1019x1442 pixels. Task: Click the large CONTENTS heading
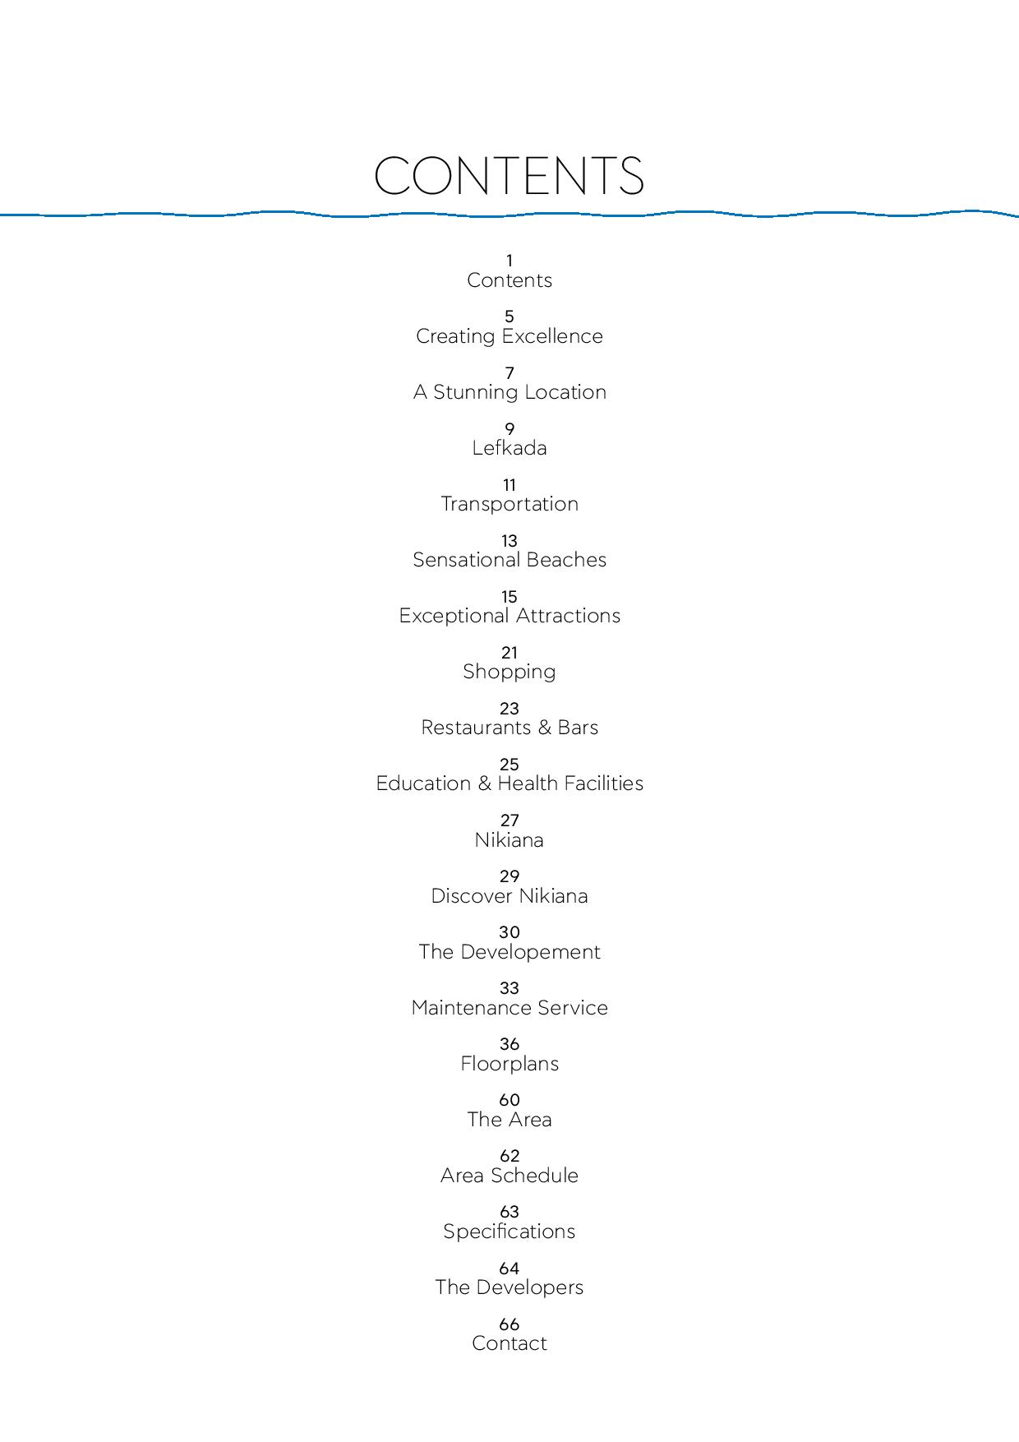point(509,176)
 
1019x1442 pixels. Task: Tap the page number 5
point(509,317)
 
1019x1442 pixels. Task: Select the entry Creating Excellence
point(509,336)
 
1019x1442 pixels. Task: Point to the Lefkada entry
point(509,448)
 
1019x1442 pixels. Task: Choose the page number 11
point(509,485)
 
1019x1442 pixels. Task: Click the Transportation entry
point(509,504)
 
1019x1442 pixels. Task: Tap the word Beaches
point(568,560)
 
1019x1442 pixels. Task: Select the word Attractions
point(568,616)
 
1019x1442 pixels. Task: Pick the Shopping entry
point(509,672)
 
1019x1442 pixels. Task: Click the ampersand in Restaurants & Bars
point(544,728)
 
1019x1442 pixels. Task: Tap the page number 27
point(509,820)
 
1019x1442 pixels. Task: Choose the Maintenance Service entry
point(509,1008)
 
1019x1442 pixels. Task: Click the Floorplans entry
point(509,1065)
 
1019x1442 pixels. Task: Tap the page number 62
point(509,1156)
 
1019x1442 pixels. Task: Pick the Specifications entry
point(509,1232)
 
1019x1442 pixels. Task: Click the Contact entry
point(509,1343)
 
